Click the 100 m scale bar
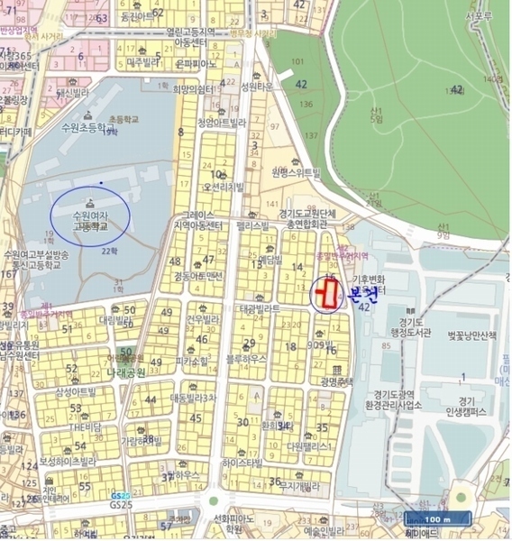(x=437, y=519)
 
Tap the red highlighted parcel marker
(x=327, y=292)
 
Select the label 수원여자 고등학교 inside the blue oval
(x=89, y=221)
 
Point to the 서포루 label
(x=478, y=15)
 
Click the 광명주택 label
(x=334, y=381)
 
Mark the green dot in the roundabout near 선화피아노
(x=214, y=500)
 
